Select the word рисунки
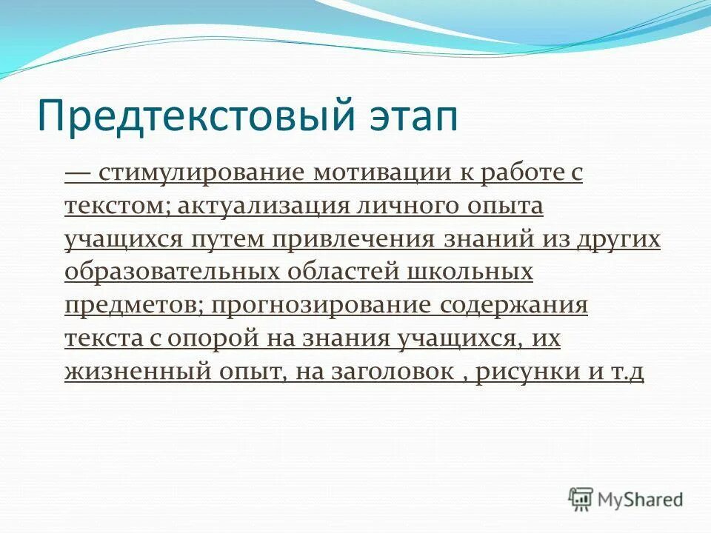(x=527, y=372)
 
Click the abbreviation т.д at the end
(x=626, y=372)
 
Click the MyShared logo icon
(x=581, y=500)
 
